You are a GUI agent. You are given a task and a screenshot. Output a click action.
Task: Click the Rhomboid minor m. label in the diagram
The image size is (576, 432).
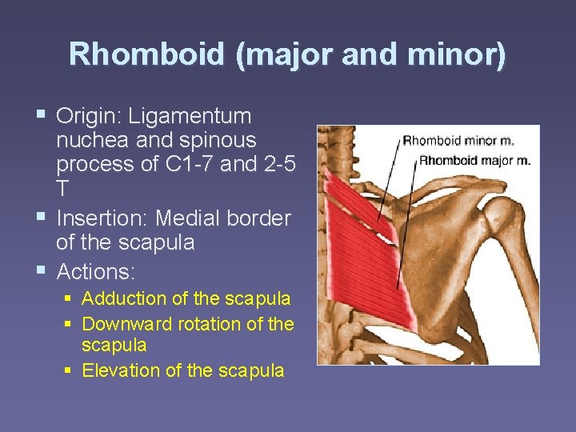click(x=458, y=141)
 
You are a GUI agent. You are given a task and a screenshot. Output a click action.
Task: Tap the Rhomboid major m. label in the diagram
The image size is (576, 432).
click(x=474, y=160)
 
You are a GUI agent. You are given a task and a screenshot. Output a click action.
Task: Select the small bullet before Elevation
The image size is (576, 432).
click(x=70, y=370)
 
